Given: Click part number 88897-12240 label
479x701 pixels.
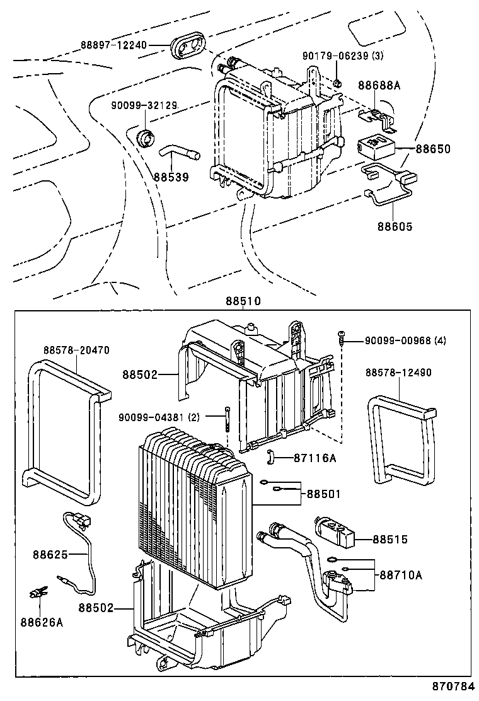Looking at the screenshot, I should (x=113, y=45).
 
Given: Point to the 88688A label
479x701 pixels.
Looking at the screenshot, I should (x=379, y=84).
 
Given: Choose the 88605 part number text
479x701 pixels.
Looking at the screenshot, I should (x=395, y=226).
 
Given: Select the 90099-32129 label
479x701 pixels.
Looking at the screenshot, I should (x=144, y=105).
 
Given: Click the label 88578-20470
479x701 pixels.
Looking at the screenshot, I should (x=76, y=350).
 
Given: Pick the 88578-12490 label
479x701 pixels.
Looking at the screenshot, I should (x=398, y=373).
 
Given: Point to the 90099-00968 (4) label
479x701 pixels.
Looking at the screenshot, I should (x=405, y=340).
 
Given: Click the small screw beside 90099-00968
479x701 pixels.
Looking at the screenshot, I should (x=341, y=337).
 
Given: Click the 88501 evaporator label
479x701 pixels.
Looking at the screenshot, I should (x=323, y=494).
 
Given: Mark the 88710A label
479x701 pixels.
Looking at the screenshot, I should (x=401, y=575).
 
